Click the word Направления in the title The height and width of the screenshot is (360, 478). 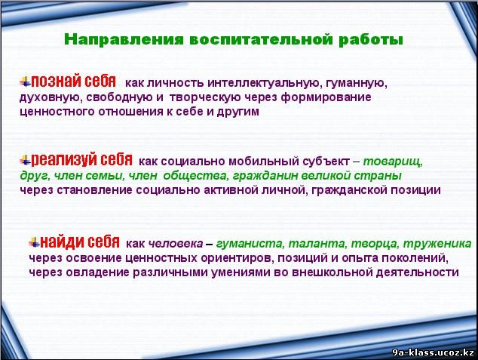124,40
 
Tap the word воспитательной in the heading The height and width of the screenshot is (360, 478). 261,40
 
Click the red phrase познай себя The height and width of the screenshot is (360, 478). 73,82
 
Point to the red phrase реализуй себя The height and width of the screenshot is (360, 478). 81,159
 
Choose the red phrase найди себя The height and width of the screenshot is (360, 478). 80,242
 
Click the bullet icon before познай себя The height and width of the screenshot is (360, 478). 26,82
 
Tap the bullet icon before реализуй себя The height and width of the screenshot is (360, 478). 26,160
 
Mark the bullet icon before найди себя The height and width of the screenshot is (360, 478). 35,242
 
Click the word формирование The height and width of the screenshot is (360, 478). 326,98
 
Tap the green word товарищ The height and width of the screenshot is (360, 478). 393,162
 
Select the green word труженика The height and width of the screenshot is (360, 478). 437,244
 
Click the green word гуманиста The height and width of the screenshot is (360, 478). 250,244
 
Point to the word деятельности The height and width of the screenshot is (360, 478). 417,272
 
